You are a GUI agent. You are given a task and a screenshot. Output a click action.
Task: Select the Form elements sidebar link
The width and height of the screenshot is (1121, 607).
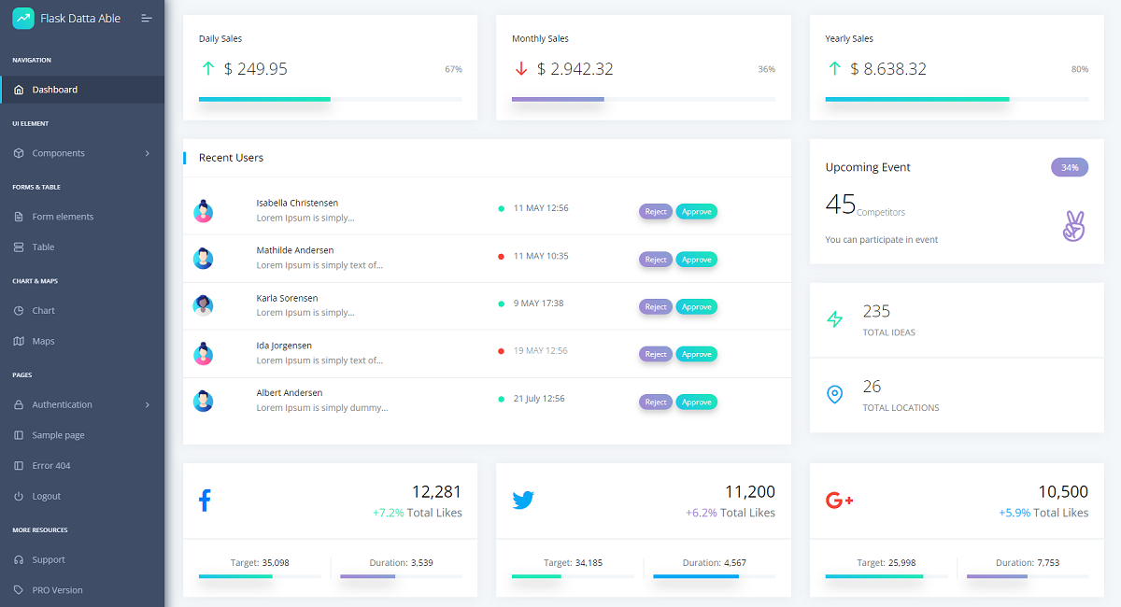pyautogui.click(x=63, y=217)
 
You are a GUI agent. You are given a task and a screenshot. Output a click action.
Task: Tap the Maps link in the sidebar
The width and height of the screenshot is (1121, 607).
pyautogui.click(x=43, y=341)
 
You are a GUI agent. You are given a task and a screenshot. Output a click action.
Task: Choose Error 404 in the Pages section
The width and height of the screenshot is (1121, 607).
pyautogui.click(x=51, y=466)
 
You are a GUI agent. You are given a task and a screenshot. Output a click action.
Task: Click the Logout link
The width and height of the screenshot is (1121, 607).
pyautogui.click(x=46, y=497)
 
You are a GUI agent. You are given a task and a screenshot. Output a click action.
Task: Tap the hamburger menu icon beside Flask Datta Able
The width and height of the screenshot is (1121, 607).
pyautogui.click(x=146, y=19)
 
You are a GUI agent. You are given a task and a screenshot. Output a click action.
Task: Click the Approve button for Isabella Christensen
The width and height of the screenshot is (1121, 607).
pyautogui.click(x=696, y=212)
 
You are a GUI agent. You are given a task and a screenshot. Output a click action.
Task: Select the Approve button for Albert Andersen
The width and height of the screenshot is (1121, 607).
pyautogui.click(x=696, y=402)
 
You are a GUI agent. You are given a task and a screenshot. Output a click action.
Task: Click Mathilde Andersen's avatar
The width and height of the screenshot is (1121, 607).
pyautogui.click(x=204, y=259)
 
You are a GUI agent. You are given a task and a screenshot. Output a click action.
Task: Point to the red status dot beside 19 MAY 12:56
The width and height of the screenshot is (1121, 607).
pyautogui.click(x=501, y=351)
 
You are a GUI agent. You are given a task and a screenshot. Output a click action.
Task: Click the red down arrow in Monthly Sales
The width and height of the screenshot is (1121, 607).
pyautogui.click(x=521, y=68)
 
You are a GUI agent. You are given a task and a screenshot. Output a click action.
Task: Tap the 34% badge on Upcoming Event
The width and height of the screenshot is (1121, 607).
pyautogui.click(x=1070, y=167)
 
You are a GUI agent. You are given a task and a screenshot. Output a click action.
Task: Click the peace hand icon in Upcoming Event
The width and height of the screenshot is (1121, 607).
pyautogui.click(x=1074, y=226)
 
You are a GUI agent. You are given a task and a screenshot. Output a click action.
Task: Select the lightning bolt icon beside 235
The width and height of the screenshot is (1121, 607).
pyautogui.click(x=835, y=319)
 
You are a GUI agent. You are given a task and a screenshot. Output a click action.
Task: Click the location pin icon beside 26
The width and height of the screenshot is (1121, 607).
pyautogui.click(x=835, y=394)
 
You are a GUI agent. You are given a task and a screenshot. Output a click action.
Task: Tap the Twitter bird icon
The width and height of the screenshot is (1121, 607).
pyautogui.click(x=523, y=500)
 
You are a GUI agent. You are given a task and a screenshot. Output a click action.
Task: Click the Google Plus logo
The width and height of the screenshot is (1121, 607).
pyautogui.click(x=839, y=500)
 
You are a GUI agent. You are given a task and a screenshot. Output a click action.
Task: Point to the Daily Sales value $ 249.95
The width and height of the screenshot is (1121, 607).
pyautogui.click(x=255, y=68)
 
